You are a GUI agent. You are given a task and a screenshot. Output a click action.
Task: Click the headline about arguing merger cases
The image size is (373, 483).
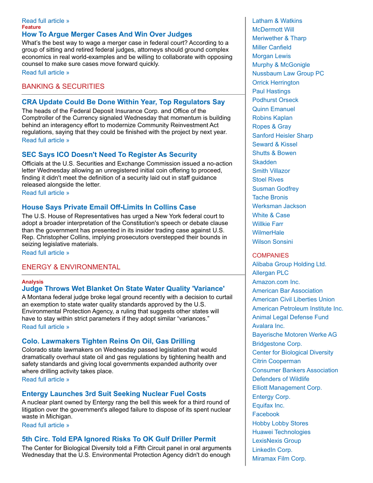coord(107,34)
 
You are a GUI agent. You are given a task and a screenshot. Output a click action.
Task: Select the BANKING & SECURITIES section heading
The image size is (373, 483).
coord(63,86)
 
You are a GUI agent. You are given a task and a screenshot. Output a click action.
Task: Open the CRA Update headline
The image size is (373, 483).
coord(123,102)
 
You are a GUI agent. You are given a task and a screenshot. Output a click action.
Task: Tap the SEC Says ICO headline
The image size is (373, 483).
coord(109,155)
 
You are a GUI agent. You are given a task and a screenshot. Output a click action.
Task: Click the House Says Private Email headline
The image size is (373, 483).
coord(109,207)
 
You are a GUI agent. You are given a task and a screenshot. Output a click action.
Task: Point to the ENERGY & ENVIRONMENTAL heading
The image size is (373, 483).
coord(71,267)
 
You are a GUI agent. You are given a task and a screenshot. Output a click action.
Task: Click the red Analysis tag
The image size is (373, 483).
coord(32,282)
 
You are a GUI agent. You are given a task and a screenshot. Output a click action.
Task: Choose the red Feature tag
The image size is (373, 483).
coord(31,27)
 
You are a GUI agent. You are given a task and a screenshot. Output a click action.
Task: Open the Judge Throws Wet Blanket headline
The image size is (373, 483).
coord(123,289)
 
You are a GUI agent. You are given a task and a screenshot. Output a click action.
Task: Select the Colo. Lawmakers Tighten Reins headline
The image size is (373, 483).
coord(108,341)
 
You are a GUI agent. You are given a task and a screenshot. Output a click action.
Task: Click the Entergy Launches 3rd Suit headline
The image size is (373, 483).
coord(114,394)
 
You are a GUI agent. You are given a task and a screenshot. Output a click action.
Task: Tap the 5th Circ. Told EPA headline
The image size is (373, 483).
coord(119,439)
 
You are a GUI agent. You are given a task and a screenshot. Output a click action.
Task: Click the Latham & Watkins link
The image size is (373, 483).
coord(277,21)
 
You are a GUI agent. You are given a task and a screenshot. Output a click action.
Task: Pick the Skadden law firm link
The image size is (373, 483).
coord(264,162)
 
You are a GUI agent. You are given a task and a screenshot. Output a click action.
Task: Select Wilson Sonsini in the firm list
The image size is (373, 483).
coord(272,241)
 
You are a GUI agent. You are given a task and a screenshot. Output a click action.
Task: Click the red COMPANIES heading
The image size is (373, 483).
coord(271,255)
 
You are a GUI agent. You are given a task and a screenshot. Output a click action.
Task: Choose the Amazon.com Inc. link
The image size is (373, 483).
coord(276,282)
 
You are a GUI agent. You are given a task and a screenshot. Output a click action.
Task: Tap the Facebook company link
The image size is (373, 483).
coord(266,414)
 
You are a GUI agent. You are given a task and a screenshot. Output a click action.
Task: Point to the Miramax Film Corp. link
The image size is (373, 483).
coord(279,458)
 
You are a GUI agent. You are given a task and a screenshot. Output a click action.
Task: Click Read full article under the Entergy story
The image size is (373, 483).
coord(46,425)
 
